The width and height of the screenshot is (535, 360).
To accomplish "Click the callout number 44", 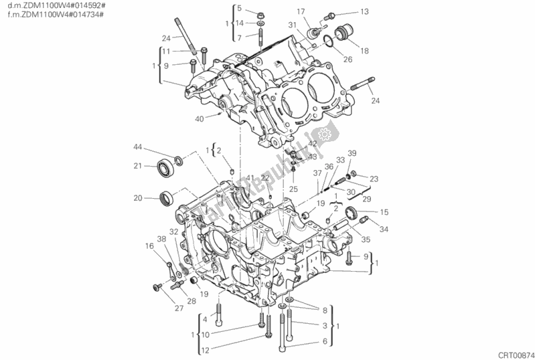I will [137, 147].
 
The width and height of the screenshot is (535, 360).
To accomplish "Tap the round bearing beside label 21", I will [165, 167].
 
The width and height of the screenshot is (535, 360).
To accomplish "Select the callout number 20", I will [137, 197].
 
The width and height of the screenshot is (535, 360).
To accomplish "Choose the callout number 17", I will [301, 11].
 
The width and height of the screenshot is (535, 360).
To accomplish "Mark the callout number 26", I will [348, 60].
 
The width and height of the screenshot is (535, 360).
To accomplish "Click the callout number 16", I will [149, 246].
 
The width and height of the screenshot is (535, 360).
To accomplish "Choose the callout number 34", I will [384, 230].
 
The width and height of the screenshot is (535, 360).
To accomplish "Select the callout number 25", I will [293, 189].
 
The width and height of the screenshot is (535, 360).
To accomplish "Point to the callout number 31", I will [292, 25].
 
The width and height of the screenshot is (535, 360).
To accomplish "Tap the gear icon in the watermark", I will [326, 135].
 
